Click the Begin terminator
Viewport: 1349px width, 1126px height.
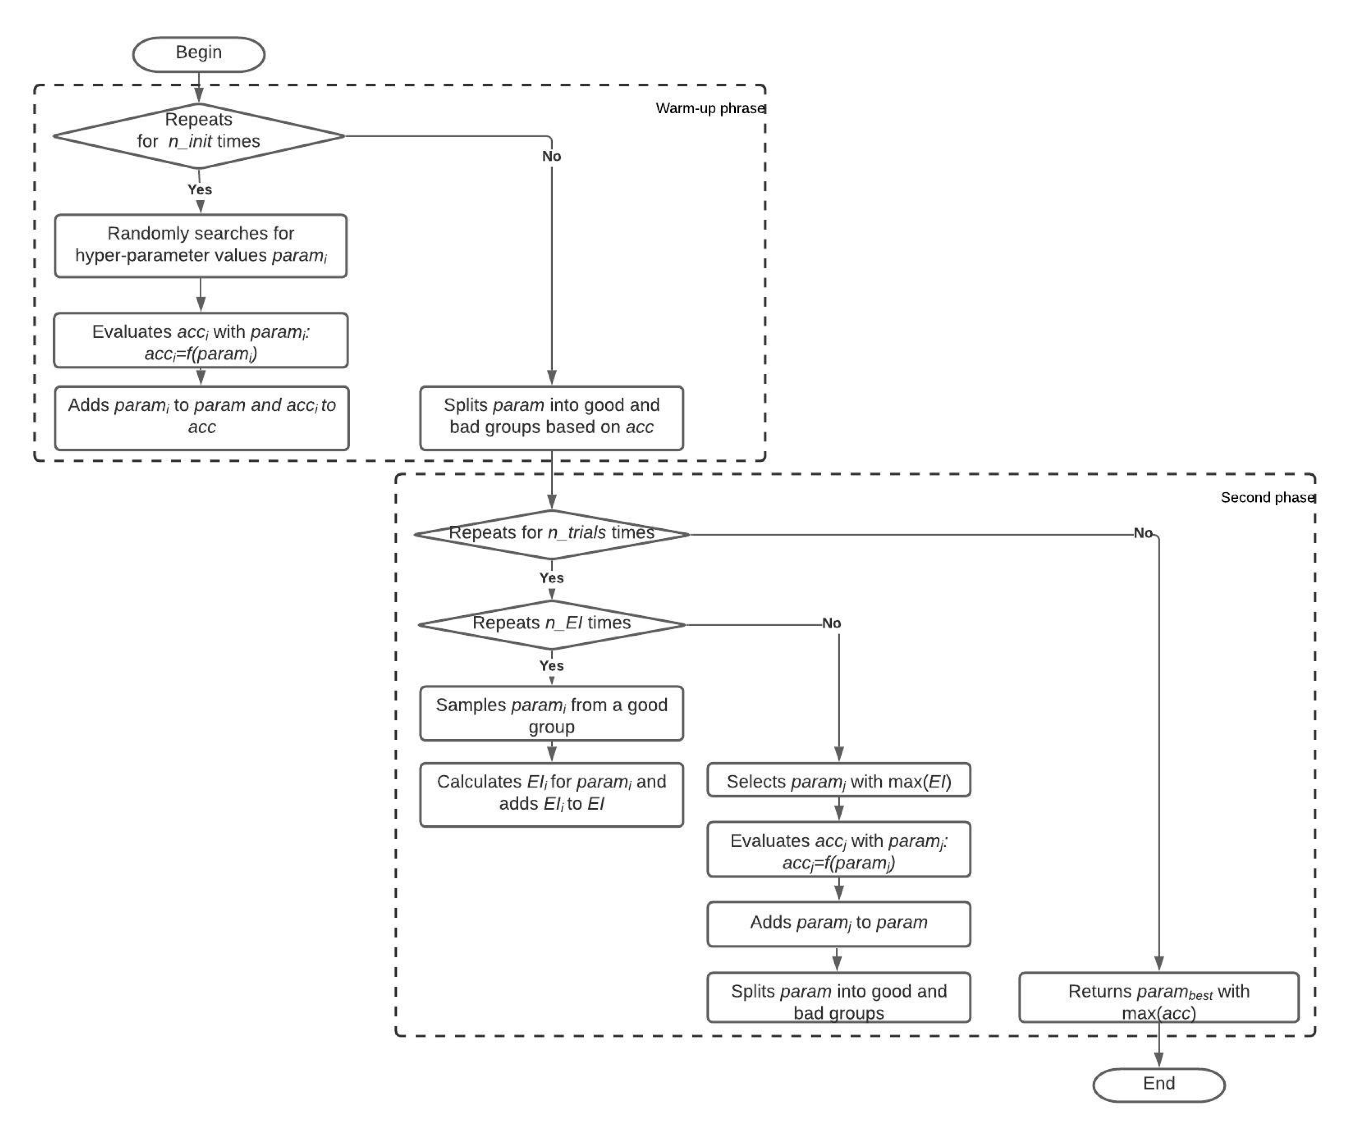point(198,54)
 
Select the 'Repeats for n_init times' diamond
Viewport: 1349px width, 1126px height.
point(198,136)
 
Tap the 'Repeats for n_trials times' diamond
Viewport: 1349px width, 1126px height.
point(551,534)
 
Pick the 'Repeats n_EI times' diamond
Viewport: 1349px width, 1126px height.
point(551,624)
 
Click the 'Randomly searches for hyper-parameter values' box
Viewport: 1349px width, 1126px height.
point(201,246)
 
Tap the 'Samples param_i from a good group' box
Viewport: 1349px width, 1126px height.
point(551,714)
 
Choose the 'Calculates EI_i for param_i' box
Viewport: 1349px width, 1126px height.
point(551,794)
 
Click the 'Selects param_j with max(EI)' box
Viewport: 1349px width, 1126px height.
point(838,780)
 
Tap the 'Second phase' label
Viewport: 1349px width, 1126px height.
point(1267,497)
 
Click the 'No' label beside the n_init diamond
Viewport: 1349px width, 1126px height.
point(551,156)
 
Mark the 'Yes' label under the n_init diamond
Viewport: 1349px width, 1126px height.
point(199,190)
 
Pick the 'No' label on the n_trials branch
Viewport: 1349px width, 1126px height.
point(1143,532)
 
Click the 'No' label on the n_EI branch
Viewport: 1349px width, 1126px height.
point(831,623)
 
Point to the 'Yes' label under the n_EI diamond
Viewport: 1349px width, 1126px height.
point(551,665)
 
